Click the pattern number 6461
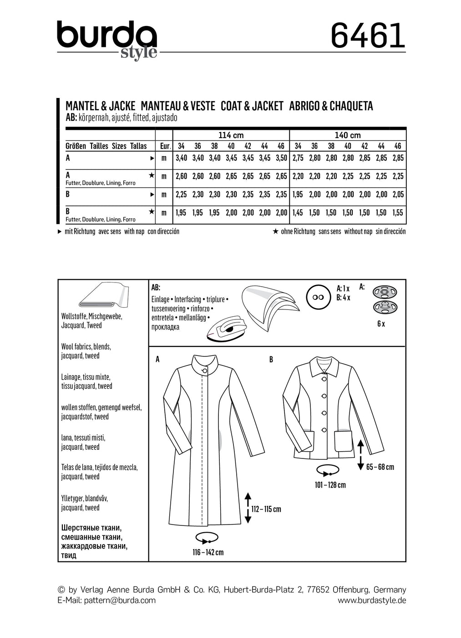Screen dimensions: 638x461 [x=368, y=36]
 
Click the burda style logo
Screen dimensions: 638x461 [x=107, y=40]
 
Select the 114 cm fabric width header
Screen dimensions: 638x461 [x=231, y=135]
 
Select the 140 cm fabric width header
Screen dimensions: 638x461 [x=348, y=135]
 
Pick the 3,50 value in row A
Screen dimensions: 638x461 [x=281, y=158]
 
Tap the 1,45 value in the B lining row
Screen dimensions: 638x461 [x=298, y=213]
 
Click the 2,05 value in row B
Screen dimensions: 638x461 [x=398, y=195]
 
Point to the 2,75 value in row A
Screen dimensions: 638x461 [x=298, y=158]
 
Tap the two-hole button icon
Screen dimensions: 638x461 [x=318, y=297]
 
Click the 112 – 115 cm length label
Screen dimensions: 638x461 [x=266, y=509]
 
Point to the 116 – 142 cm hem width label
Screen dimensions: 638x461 [x=208, y=552]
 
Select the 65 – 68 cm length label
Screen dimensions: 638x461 [x=380, y=467]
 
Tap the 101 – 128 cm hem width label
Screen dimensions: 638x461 [x=330, y=485]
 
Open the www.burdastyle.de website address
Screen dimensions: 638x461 [x=371, y=600]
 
